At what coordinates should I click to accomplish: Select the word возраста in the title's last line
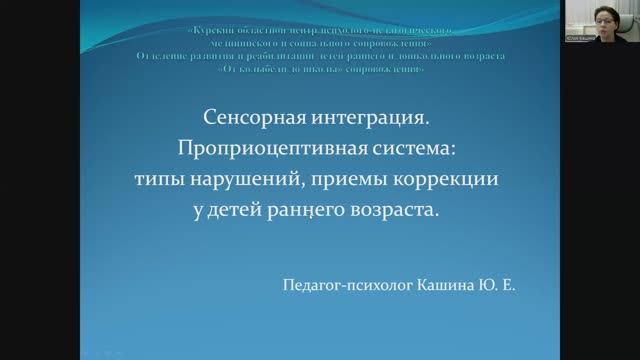[x=401, y=212]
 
